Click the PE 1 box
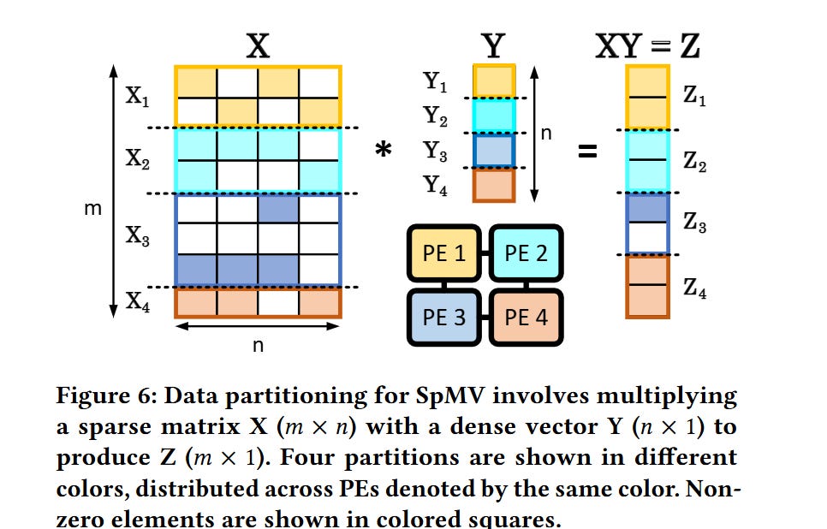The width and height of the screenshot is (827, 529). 443,254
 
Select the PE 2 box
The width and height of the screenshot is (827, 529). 526,254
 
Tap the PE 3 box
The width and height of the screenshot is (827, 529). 443,317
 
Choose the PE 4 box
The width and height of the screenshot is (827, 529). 526,317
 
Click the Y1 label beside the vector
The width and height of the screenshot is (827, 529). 436,82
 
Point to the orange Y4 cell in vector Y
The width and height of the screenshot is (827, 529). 494,185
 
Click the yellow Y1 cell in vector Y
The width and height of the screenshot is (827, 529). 494,81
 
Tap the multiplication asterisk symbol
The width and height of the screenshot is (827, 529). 384,151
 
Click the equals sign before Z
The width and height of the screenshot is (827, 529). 586,152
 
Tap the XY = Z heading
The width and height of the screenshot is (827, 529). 648,45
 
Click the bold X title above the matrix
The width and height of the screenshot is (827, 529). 258,45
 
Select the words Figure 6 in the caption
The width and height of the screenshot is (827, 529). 102,396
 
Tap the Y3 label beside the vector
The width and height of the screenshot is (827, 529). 436,151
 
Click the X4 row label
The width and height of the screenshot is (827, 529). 137,301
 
